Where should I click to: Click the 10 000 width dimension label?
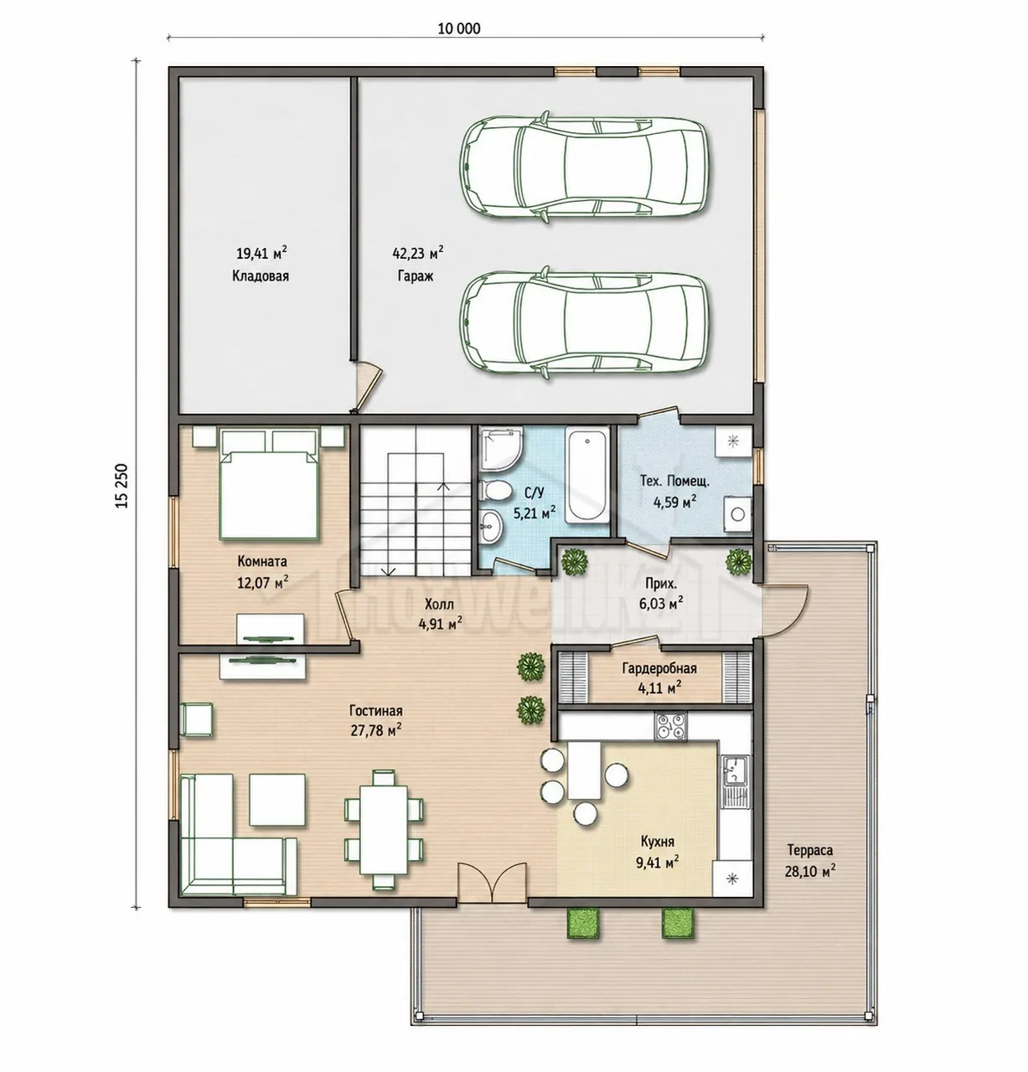point(458,28)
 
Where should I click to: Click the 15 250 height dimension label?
point(121,485)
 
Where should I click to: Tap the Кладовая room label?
point(261,276)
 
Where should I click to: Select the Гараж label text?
point(416,276)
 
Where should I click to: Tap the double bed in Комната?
point(269,484)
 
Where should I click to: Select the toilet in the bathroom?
point(496,489)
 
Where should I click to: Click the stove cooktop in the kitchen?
point(671,725)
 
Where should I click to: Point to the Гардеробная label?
point(659,669)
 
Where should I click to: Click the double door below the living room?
point(493,883)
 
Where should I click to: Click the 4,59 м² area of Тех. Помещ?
point(674,502)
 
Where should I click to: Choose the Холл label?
point(439,605)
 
